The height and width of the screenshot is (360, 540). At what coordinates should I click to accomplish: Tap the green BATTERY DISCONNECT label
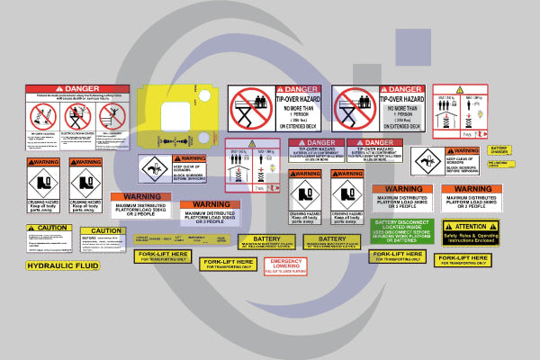click(401, 231)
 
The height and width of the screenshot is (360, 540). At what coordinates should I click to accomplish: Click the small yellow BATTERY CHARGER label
click(499, 149)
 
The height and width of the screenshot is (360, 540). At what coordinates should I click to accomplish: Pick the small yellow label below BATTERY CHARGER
click(498, 165)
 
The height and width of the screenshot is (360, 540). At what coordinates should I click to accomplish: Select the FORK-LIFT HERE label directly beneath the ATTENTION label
click(464, 260)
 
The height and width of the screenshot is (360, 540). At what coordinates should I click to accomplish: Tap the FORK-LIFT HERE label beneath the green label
click(397, 256)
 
